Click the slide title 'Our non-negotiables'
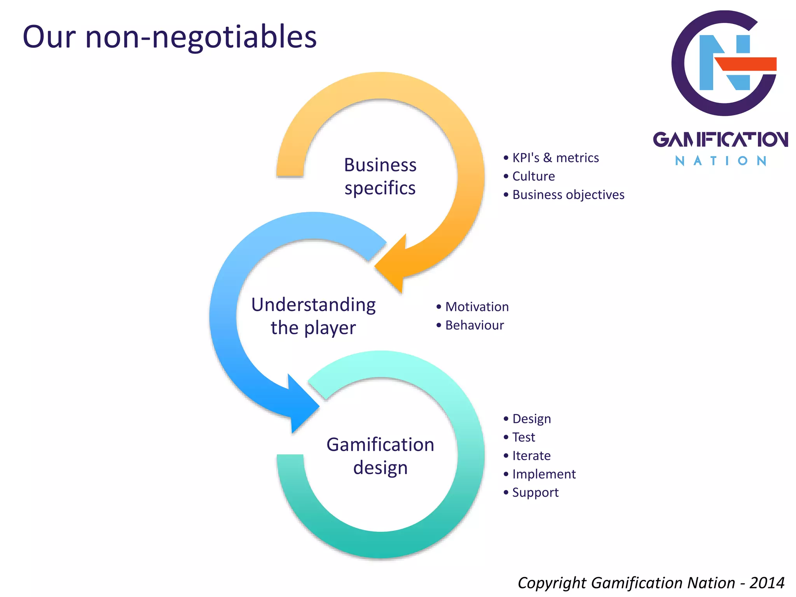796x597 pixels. pos(169,37)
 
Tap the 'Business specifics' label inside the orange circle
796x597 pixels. pos(380,176)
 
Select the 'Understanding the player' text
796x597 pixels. pos(313,316)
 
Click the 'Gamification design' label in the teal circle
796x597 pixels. pos(380,456)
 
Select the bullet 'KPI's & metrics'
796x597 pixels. pos(555,158)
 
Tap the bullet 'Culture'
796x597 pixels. pos(533,176)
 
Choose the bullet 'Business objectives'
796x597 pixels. pos(568,195)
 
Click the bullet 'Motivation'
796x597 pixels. pos(477,307)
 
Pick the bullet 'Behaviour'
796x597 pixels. pos(474,325)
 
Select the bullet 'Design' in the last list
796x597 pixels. pos(531,419)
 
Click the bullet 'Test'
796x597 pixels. pos(523,437)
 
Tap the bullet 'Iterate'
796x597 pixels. pos(531,456)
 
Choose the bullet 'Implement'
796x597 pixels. pos(544,474)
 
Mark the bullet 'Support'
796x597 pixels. pos(535,492)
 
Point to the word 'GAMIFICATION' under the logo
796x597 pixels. pos(720,140)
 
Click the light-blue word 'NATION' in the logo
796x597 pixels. pos(720,161)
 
